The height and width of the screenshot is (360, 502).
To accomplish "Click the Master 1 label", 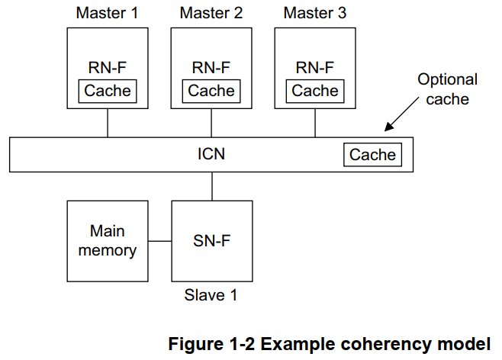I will click(x=108, y=13).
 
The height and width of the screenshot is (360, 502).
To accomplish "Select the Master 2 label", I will click(x=211, y=13).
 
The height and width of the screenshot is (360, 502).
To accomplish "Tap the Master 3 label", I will click(x=314, y=13).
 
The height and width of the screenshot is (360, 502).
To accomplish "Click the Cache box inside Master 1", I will click(x=108, y=91).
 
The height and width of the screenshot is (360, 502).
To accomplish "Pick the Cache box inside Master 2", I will click(x=211, y=91).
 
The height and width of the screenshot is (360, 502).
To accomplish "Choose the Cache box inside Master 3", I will click(x=314, y=91).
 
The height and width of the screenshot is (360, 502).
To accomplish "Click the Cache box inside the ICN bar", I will click(x=372, y=155).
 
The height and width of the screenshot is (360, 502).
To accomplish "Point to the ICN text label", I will click(x=211, y=155).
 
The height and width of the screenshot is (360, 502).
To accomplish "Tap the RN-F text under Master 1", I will click(x=108, y=67).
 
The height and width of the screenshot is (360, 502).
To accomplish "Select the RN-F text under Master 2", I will click(x=211, y=67).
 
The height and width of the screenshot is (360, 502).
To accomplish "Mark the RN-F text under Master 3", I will click(x=314, y=67).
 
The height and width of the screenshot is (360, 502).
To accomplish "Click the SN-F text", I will click(x=211, y=241).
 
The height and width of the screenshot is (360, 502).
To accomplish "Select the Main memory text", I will click(x=108, y=240).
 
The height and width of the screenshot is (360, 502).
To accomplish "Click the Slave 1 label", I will click(x=211, y=295).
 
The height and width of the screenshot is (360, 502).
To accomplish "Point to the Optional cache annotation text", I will click(x=447, y=88).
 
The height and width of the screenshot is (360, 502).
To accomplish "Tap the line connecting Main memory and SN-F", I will click(x=159, y=242).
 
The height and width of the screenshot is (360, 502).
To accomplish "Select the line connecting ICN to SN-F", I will click(x=211, y=186).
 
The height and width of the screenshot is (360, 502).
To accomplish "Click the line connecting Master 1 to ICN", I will click(x=108, y=124).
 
